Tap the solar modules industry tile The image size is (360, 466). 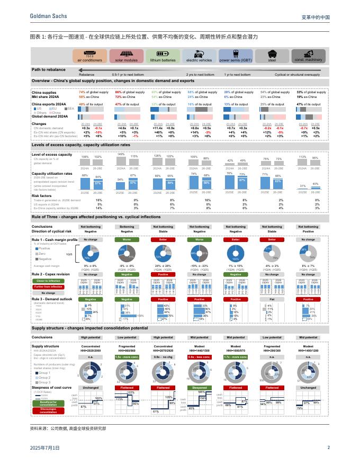(x=127, y=56)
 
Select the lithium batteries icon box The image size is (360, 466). (x=163, y=56)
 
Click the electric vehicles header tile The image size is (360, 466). (x=199, y=56)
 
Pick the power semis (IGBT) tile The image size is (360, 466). (x=236, y=56)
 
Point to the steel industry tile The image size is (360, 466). (x=272, y=56)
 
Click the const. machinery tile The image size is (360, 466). (x=309, y=56)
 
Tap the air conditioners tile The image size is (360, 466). (x=90, y=56)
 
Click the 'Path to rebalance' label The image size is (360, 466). (x=48, y=69)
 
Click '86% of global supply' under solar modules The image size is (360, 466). (x=130, y=92)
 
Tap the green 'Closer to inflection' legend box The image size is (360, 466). (x=48, y=280)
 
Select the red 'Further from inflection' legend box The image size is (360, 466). (x=48, y=286)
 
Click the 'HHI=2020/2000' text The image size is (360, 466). (x=91, y=351)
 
